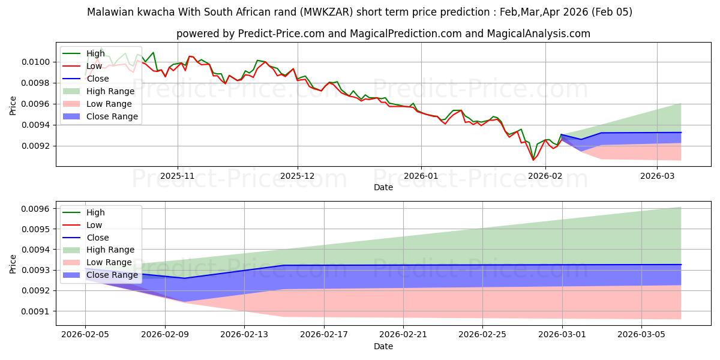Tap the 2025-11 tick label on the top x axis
177,176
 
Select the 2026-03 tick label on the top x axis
657,176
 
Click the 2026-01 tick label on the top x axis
421,176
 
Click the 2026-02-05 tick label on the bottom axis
85,335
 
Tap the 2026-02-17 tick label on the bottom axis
324,335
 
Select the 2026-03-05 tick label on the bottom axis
641,335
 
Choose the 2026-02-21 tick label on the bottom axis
403,335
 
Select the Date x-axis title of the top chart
383,187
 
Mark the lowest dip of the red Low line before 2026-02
533,160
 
